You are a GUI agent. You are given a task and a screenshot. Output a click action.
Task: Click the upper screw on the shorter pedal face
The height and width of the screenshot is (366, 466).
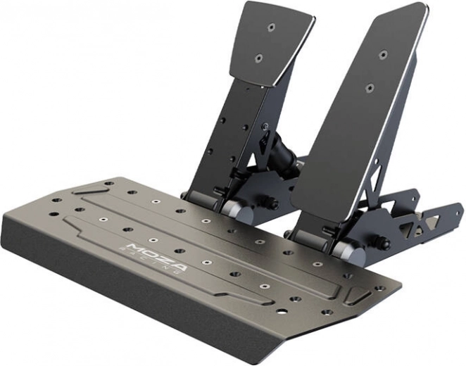[x=271, y=28]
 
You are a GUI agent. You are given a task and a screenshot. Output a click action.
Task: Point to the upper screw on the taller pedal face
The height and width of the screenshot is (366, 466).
[x=382, y=54]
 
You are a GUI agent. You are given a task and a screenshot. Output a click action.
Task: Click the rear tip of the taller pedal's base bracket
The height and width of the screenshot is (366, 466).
[x=457, y=208]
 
